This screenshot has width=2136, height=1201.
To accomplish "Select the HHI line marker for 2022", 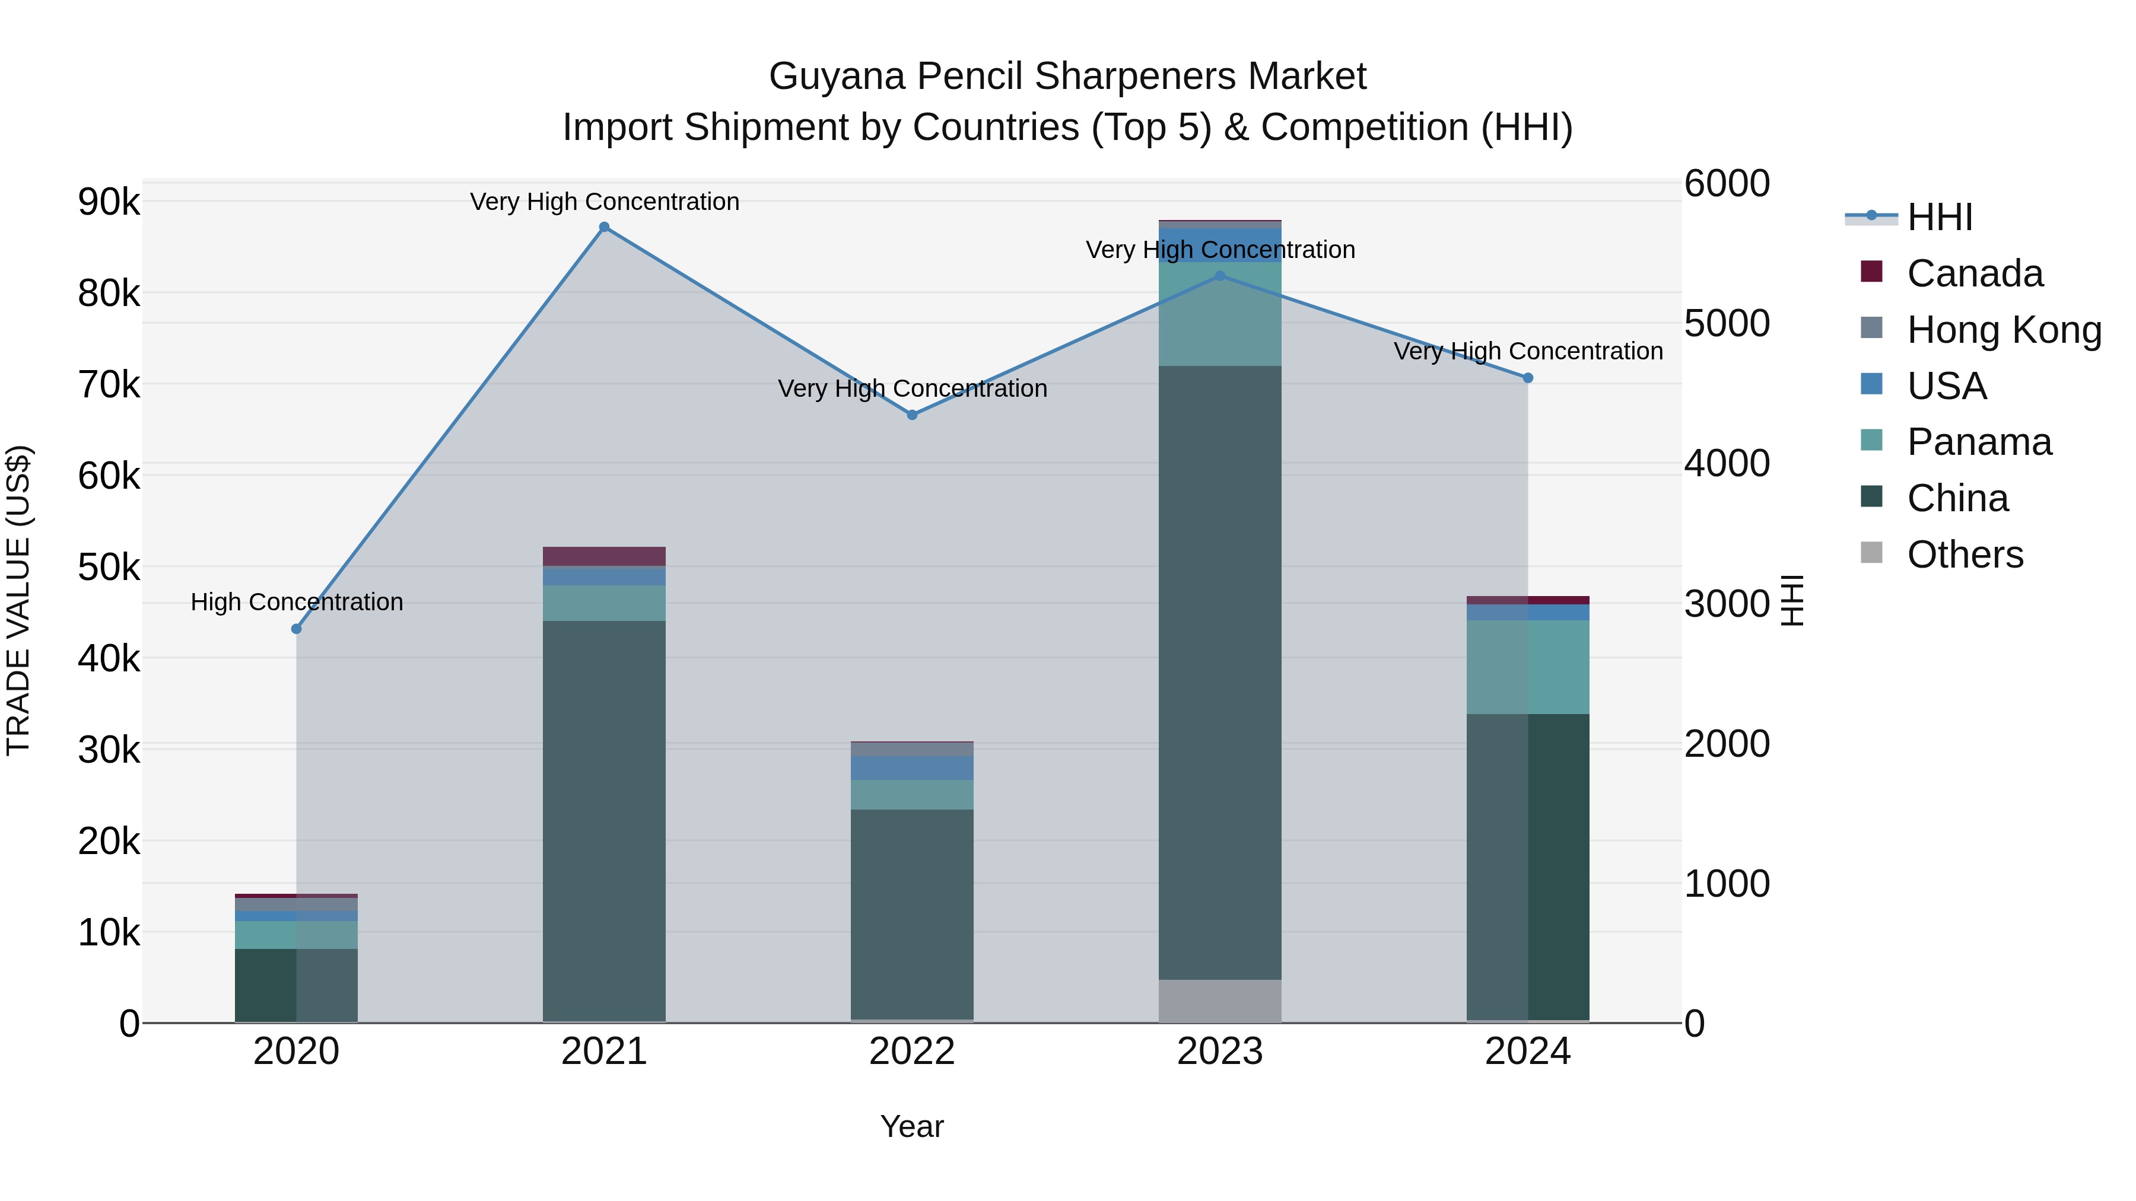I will [912, 415].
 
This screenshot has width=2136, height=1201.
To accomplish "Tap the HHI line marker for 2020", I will [296, 629].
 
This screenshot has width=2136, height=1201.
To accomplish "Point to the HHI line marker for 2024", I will [1528, 378].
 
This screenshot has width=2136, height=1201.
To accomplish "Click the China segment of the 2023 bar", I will [1220, 671].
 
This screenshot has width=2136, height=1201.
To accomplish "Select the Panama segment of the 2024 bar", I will [1528, 667].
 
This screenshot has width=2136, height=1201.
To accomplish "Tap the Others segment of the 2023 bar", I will [1220, 1001].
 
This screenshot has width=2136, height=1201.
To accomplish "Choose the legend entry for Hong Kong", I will [2003, 330].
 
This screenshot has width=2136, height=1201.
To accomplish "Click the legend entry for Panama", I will [1978, 442].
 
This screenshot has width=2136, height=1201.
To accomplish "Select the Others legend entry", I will [1965, 555].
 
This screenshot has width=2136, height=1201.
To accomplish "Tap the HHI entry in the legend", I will [1938, 217].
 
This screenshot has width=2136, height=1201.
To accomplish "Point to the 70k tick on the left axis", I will [109, 384].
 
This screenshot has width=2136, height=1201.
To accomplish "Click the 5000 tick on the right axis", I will [1727, 323].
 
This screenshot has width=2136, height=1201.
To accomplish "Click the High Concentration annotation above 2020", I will [297, 602].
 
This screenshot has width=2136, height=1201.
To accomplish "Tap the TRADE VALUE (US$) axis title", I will [19, 600].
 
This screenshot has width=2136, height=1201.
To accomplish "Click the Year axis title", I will [911, 1126].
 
